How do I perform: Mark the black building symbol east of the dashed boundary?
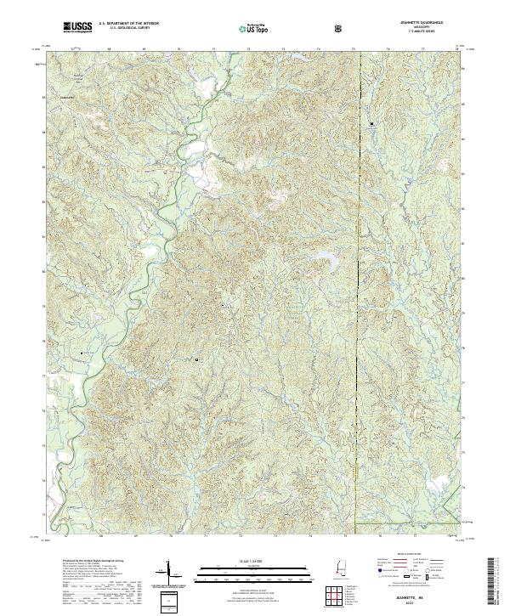click(x=371, y=124)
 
